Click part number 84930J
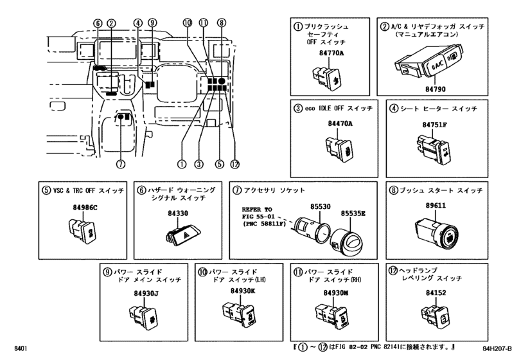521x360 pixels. [143, 293]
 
